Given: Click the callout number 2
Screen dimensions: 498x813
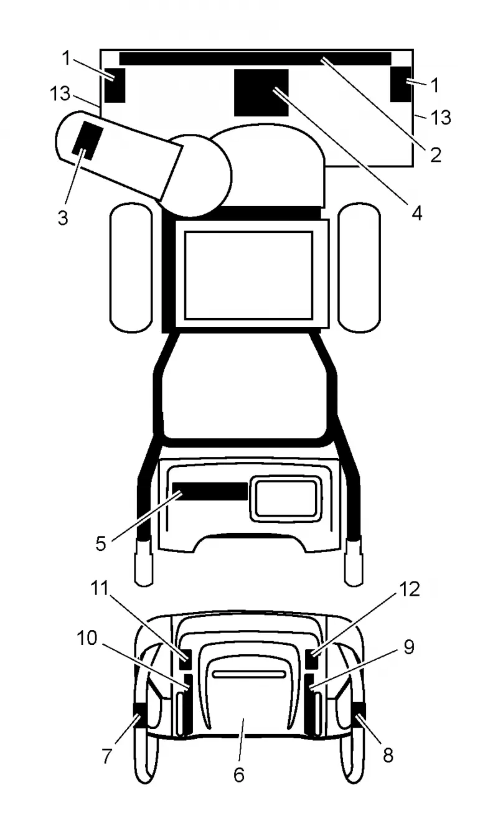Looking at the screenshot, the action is [436, 154].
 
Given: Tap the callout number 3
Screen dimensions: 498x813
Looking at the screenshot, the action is [63, 218].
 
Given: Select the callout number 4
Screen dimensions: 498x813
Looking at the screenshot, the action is [417, 214].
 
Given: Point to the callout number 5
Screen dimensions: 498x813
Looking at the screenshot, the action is [101, 543].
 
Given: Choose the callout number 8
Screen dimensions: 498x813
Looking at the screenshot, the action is [388, 756].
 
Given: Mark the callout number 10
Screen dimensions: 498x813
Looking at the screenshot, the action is [87, 637].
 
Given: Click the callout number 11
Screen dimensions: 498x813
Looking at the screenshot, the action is [100, 588].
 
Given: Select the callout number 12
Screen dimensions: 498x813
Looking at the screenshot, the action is [410, 589].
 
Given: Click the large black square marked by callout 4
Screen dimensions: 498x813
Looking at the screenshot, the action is [261, 93].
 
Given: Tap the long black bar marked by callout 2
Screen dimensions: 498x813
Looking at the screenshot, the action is [255, 59].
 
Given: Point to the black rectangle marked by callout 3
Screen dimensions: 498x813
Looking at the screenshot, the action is [88, 141].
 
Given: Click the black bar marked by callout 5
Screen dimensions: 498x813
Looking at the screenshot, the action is [210, 491].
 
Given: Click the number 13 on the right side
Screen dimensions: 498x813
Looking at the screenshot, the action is [441, 117].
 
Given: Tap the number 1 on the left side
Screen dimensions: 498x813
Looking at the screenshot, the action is [66, 58].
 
